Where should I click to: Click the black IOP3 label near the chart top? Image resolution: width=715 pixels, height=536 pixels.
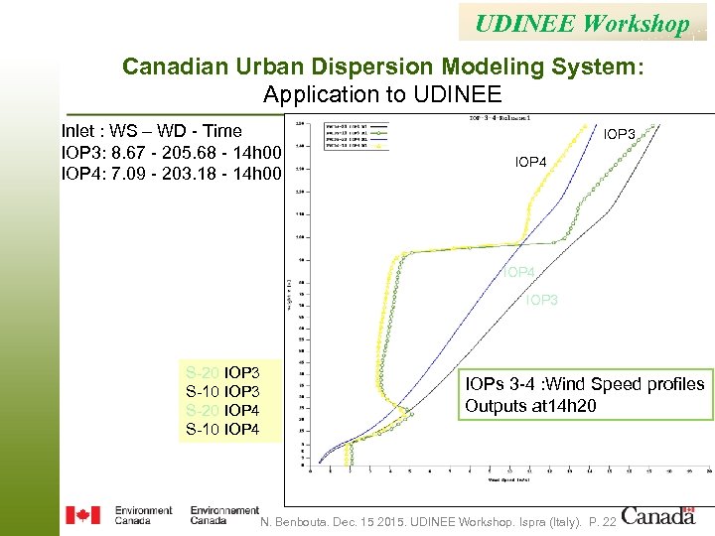tap(620, 133)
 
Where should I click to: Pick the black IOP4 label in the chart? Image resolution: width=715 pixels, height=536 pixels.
tap(530, 161)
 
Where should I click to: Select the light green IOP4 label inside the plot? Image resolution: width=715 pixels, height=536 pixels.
tap(518, 272)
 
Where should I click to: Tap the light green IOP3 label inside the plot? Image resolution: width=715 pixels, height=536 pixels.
tap(542, 300)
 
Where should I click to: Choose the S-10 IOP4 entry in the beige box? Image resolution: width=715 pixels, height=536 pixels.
tap(222, 430)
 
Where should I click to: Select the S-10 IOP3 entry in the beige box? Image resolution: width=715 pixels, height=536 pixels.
tap(222, 392)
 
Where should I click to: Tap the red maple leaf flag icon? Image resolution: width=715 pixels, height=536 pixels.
tap(82, 515)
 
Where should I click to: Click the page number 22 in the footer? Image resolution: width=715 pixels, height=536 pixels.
tap(608, 522)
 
